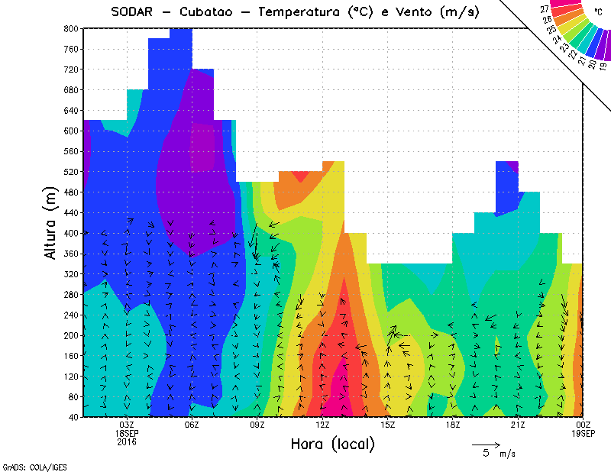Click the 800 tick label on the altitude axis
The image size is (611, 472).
(x=70, y=28)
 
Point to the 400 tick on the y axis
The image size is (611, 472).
(x=70, y=233)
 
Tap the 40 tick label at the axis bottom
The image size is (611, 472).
(x=73, y=417)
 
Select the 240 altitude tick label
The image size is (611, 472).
(x=70, y=315)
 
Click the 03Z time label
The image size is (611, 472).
(x=127, y=424)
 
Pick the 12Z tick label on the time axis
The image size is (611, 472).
(x=322, y=424)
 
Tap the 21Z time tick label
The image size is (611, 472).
(x=518, y=424)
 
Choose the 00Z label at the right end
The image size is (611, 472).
(x=583, y=424)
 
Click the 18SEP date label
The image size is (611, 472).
(x=127, y=432)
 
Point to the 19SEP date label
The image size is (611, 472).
(x=583, y=432)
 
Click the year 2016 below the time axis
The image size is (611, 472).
(x=127, y=441)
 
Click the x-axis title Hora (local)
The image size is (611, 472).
(x=332, y=444)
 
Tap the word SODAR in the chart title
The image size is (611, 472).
(x=131, y=12)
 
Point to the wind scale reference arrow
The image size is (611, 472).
(x=486, y=444)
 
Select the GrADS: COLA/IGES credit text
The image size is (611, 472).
(x=28, y=465)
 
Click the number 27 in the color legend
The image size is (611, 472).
(x=544, y=9)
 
